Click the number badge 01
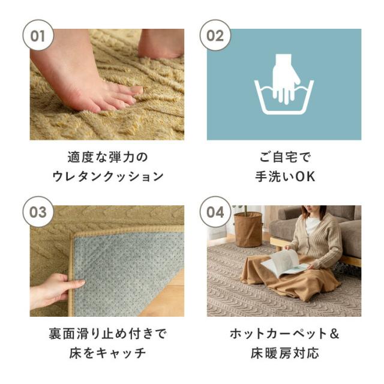[x=38, y=35]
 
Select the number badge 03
[x=38, y=212]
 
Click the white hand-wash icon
[x=283, y=87]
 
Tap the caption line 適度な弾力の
[x=107, y=157]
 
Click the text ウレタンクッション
[x=107, y=177]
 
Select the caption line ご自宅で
[x=284, y=157]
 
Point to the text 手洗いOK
[x=284, y=177]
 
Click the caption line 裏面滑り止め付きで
[x=107, y=334]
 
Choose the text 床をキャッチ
[x=107, y=353]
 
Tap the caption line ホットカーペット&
[x=284, y=334]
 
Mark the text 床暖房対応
[x=284, y=353]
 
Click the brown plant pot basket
[x=248, y=229]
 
